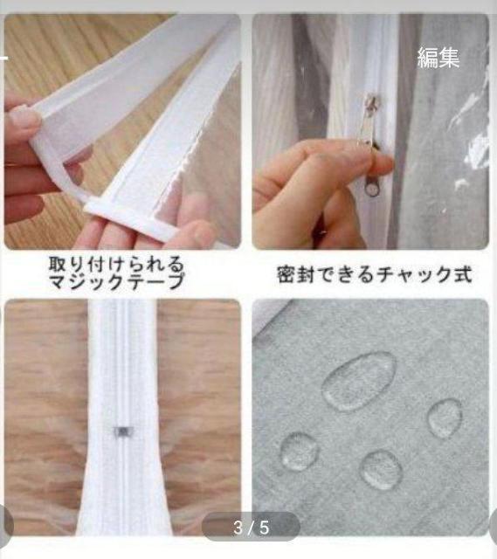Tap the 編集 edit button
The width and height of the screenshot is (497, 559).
438,59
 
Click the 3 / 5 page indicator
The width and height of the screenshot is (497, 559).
252,527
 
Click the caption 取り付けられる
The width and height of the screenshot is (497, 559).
128,263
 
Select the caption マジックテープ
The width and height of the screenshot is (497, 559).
128,280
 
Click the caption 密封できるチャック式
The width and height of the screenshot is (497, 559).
374,274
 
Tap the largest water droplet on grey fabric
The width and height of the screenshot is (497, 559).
358,381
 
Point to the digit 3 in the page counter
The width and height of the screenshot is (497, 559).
238,527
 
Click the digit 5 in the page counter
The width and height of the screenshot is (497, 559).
265,527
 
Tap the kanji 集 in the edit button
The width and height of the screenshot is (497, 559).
449,59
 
